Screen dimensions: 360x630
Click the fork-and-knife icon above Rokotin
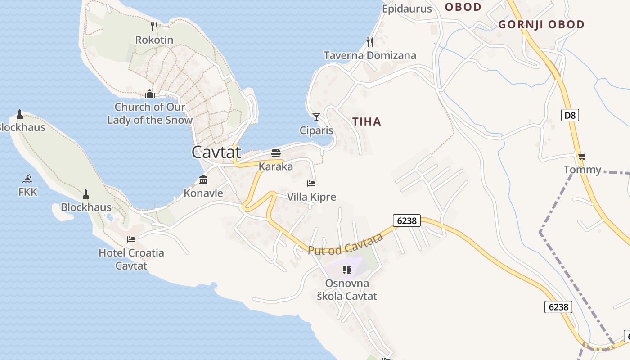pos(154,27)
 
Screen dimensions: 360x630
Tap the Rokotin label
pos(154,40)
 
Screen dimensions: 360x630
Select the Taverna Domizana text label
pos(370,55)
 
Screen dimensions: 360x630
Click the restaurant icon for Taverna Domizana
pos(370,42)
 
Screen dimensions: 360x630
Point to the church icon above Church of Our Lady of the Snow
pos(150,94)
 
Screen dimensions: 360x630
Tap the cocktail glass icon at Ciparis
pos(316,117)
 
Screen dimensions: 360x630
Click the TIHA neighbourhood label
pos(367,121)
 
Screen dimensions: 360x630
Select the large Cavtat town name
pos(216,152)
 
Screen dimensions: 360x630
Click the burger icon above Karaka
pos(276,153)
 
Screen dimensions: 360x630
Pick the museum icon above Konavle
pos(203,180)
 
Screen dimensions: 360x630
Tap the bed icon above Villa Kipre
pos(311,184)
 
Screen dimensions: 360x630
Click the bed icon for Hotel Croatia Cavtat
pos(131,239)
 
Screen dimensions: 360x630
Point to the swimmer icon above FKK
pos(28,178)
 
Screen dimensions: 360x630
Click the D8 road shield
pos(570,115)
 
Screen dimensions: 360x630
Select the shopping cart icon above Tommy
pos(582,157)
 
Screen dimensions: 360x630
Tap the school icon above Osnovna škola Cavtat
pos(347,270)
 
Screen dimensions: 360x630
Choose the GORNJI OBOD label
pos(541,25)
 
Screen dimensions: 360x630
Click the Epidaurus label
pos(407,9)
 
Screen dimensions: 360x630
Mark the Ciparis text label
pos(316,130)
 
